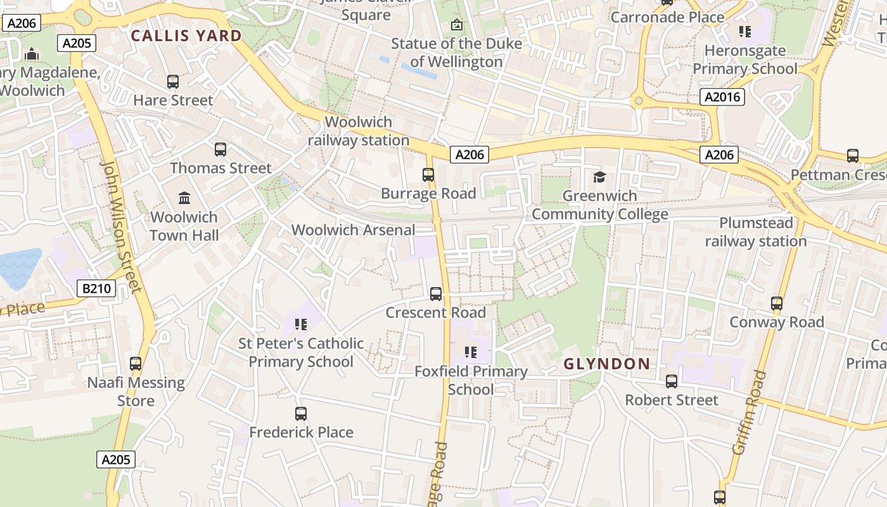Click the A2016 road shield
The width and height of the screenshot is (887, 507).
click(x=722, y=97)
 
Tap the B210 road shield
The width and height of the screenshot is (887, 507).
click(x=96, y=289)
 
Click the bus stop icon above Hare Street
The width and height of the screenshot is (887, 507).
click(x=173, y=82)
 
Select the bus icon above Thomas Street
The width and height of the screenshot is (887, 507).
click(x=220, y=150)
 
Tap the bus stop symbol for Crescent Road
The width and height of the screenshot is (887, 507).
click(x=436, y=294)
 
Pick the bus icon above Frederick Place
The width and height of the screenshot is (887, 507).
click(x=301, y=414)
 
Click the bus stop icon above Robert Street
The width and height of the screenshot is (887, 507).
click(x=672, y=382)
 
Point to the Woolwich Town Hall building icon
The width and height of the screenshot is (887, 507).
click(x=184, y=198)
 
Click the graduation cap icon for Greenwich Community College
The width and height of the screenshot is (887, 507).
click(x=599, y=177)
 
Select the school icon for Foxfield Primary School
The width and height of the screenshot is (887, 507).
click(x=470, y=352)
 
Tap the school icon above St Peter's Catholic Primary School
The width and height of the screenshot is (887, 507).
click(x=301, y=324)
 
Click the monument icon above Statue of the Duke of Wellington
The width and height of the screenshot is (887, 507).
click(x=456, y=25)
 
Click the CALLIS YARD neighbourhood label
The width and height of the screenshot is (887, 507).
click(x=186, y=35)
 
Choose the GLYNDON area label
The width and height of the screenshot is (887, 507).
click(x=606, y=364)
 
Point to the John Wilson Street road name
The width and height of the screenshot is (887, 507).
click(x=120, y=226)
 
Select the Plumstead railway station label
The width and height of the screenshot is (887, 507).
click(x=755, y=232)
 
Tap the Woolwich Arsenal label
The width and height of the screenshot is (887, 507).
click(x=354, y=230)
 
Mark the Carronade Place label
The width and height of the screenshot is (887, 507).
click(x=667, y=17)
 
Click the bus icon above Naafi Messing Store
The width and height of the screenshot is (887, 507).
click(x=136, y=364)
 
